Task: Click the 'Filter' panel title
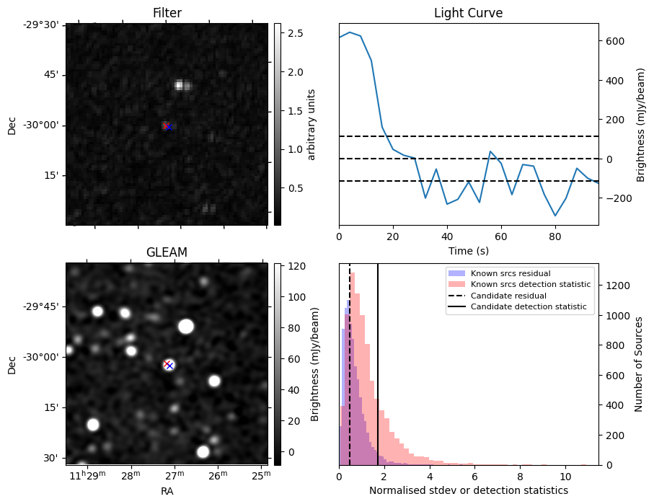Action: [x=167, y=13]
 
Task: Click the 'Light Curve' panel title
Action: [x=468, y=13]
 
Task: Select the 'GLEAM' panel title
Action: [x=167, y=252]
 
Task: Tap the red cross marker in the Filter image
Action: [x=167, y=125]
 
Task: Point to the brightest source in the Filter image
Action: [x=179, y=85]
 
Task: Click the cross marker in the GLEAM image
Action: [x=168, y=365]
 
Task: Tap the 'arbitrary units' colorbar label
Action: [x=311, y=124]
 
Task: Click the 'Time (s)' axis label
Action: [x=468, y=250]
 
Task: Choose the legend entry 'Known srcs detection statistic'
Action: [x=530, y=285]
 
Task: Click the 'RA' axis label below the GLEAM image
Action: [x=167, y=491]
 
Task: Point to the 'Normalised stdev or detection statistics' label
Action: [x=468, y=491]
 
